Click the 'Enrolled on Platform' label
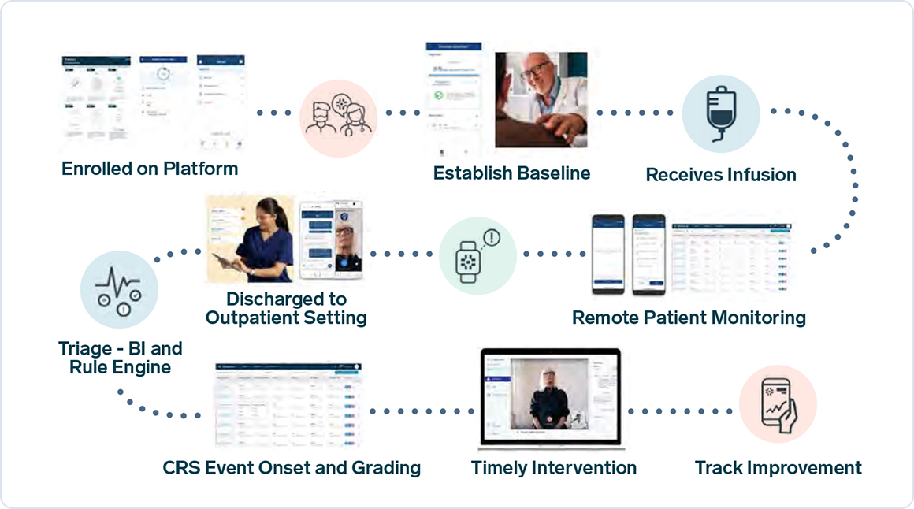(x=150, y=169)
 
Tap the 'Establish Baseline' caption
(x=511, y=173)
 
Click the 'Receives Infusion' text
(x=721, y=175)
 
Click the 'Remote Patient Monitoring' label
(x=689, y=318)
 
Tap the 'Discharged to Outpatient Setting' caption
(x=286, y=309)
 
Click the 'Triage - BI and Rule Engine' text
(x=120, y=358)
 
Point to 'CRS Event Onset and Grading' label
(x=292, y=468)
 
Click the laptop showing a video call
(x=552, y=399)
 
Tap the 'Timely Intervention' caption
(x=553, y=468)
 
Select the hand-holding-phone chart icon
(x=777, y=403)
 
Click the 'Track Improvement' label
(x=778, y=468)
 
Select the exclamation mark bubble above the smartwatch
(x=492, y=237)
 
